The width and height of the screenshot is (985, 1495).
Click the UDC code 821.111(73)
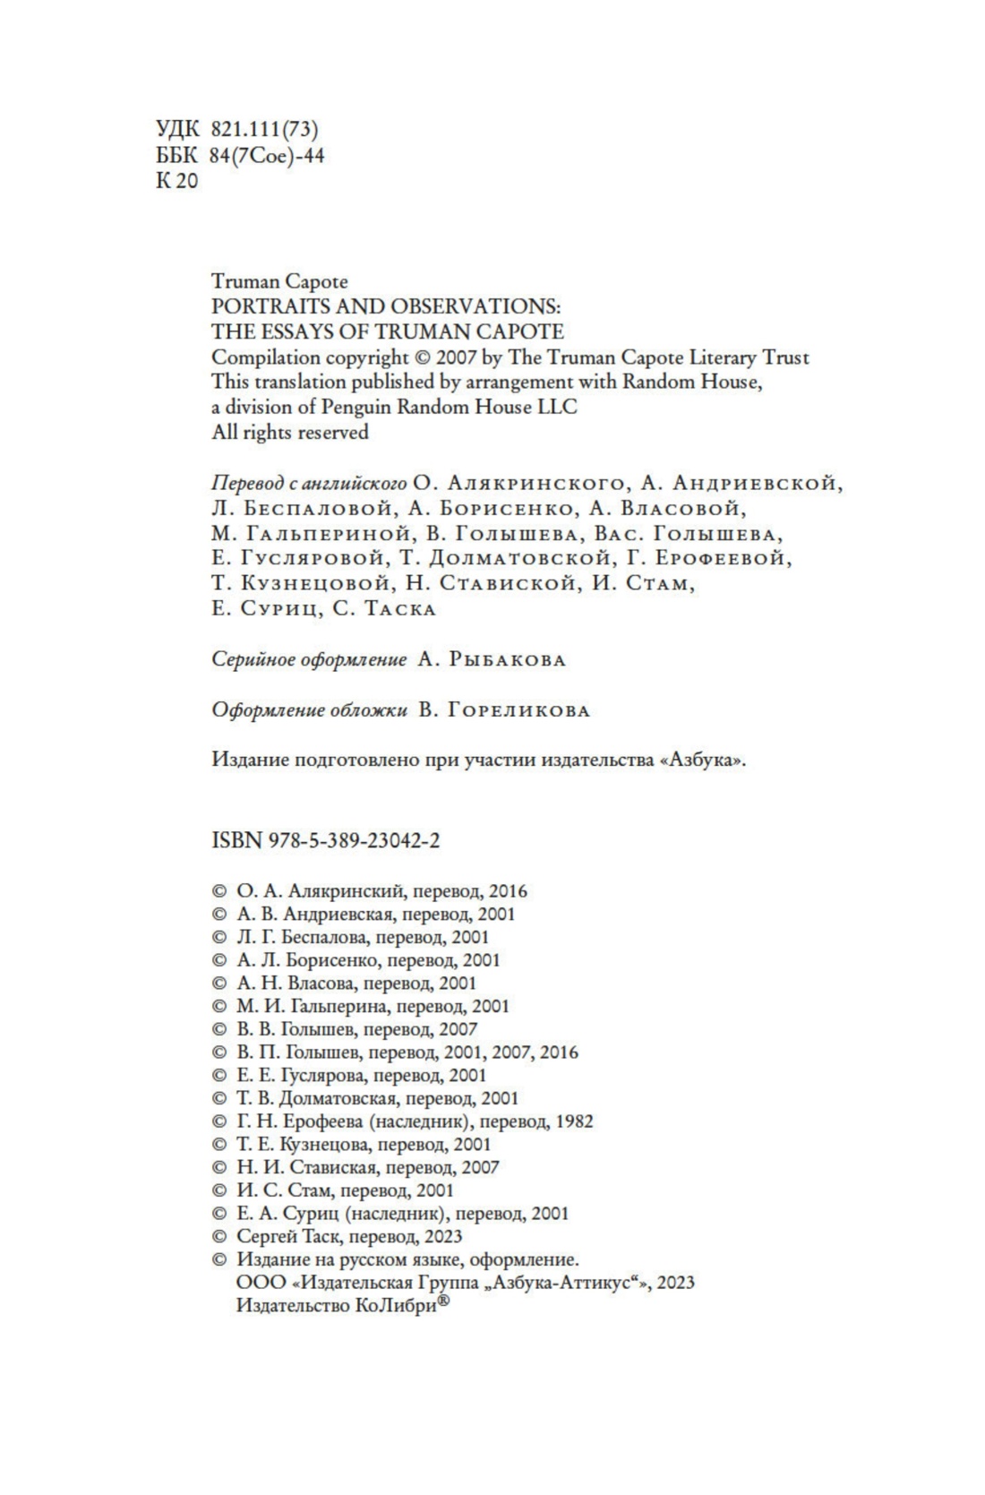pos(264,130)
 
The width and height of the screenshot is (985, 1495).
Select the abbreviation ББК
pos(176,156)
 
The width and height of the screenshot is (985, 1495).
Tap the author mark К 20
pos(176,181)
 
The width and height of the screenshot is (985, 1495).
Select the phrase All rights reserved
pos(289,432)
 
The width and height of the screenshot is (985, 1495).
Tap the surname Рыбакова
pos(506,659)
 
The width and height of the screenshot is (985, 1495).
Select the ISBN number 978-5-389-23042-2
pos(351,841)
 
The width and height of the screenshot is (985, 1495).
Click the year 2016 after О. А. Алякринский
pos(509,891)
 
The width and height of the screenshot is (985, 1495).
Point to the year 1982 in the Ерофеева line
pos(574,1121)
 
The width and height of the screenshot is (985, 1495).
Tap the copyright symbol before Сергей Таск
pos(218,1236)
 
